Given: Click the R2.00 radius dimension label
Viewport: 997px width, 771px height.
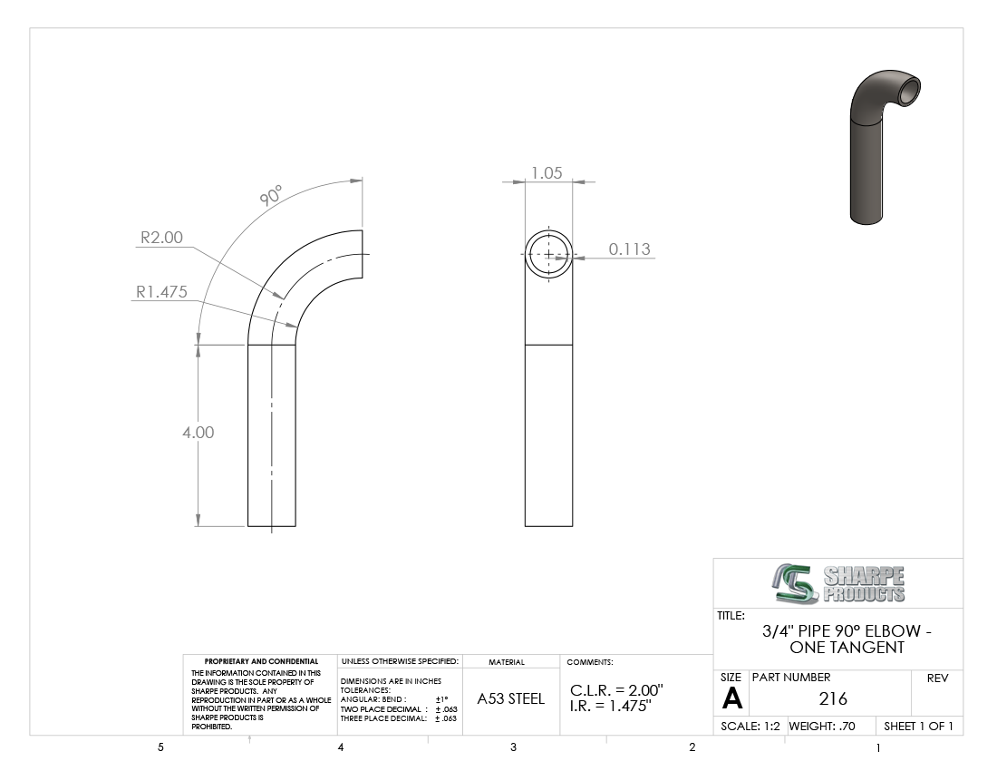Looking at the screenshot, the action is pyautogui.click(x=161, y=238).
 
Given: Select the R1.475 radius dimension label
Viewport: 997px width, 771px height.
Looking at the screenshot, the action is pyautogui.click(x=161, y=292).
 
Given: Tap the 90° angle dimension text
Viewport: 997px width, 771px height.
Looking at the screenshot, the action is pyautogui.click(x=271, y=195).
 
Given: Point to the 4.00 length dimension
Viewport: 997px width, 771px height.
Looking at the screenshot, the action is pyautogui.click(x=198, y=433).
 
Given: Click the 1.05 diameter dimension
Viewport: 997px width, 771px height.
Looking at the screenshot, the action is pyautogui.click(x=547, y=173).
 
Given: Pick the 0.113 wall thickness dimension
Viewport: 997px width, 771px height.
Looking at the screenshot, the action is pyautogui.click(x=630, y=249).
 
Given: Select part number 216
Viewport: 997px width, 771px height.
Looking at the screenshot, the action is pyautogui.click(x=833, y=699).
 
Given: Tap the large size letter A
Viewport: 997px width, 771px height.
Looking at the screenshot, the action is pyautogui.click(x=731, y=699).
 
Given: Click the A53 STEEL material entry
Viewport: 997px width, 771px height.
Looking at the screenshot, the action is pyautogui.click(x=510, y=699).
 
